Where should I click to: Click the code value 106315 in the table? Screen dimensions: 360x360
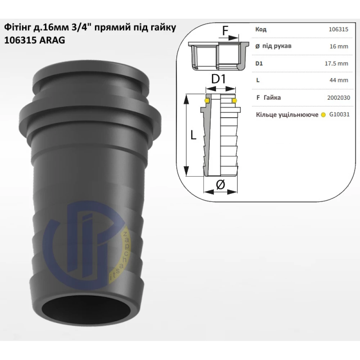tap(338, 30)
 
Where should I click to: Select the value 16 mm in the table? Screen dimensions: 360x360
tap(339, 46)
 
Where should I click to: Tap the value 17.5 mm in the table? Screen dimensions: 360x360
tap(336, 63)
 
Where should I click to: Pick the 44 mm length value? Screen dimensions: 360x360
tap(339, 80)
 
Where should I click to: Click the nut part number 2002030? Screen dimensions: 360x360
tap(339, 98)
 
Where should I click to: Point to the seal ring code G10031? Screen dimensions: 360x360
tap(339, 114)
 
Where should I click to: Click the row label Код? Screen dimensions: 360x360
tap(261, 30)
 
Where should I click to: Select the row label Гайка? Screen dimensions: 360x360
tap(272, 98)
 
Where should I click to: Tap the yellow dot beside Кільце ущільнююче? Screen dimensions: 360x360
tap(324, 115)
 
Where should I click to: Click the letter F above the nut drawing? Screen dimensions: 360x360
tap(226, 30)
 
